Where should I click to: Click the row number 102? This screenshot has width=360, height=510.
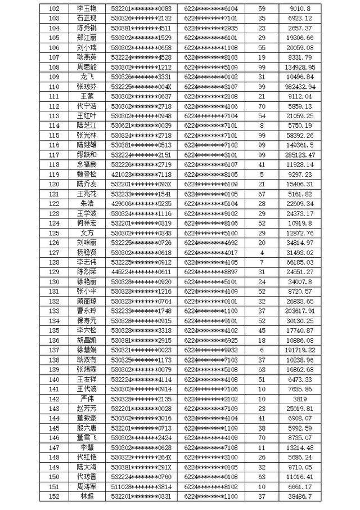(x=55, y=9)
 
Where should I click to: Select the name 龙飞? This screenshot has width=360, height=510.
(x=87, y=77)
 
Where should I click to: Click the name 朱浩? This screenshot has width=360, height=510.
(x=87, y=203)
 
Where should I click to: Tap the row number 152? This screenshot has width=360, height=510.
(x=55, y=495)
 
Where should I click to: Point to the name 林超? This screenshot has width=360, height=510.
(x=87, y=495)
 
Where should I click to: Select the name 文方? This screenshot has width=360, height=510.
(x=87, y=232)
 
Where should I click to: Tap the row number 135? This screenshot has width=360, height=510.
(x=55, y=330)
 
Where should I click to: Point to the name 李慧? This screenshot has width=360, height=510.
(x=87, y=447)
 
